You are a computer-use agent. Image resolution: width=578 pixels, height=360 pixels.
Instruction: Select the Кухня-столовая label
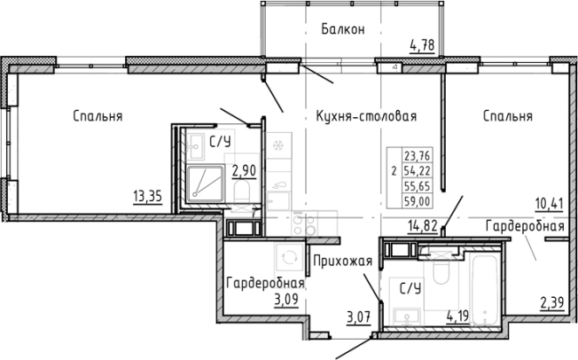366,116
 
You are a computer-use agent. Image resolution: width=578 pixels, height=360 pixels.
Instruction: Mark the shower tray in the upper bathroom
205,183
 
